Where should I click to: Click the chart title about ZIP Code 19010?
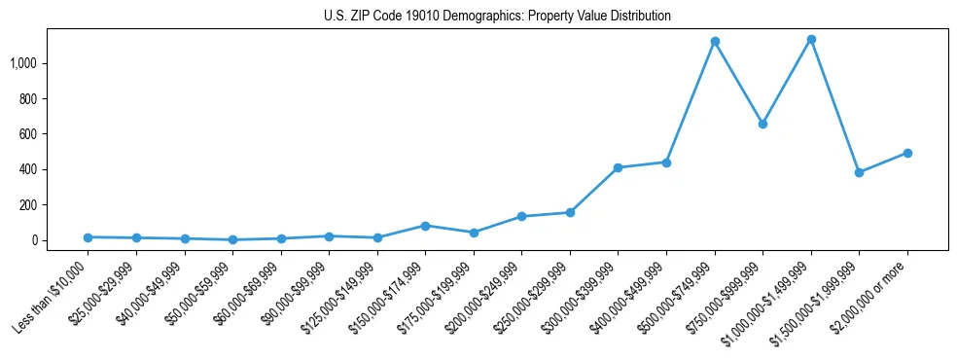[x=497, y=17]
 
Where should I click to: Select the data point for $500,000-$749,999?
[x=715, y=42]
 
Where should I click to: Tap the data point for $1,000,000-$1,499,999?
[x=811, y=40]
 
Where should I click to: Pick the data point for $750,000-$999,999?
[x=762, y=124]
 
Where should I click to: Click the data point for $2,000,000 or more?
[x=907, y=153]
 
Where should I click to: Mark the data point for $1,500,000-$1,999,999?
[x=859, y=172]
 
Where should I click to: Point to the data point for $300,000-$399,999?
[x=619, y=167]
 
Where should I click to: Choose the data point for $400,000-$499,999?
[x=666, y=162]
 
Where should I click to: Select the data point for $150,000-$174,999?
[x=425, y=226]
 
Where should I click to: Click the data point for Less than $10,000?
[x=89, y=237]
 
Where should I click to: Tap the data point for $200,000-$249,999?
[x=522, y=216]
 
